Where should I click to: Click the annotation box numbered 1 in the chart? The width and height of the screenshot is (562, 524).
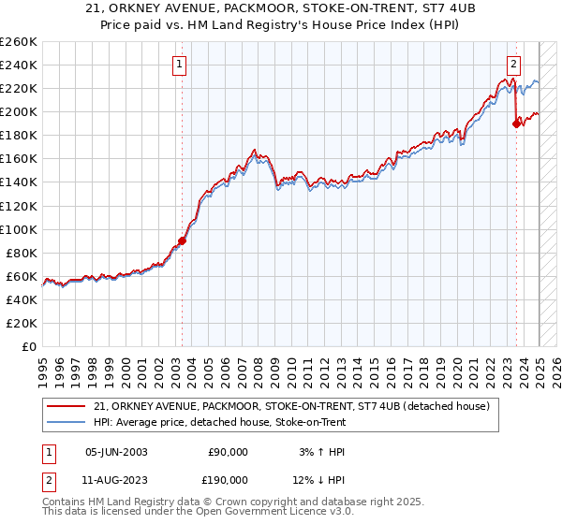coord(178,65)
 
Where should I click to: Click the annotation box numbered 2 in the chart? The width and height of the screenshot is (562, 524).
coord(514,65)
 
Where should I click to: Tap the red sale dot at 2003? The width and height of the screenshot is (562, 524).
coord(182,240)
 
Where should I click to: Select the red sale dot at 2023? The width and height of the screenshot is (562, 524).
coord(516,123)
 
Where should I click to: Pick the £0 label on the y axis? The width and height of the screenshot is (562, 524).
coord(29,347)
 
